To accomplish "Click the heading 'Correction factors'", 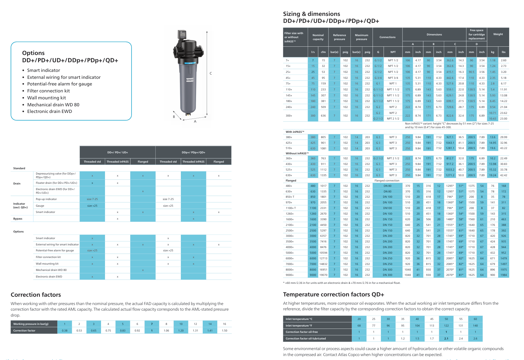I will click(x=36, y=295).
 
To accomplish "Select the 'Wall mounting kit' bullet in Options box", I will click(x=46, y=98).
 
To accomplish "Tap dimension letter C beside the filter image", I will click(x=211, y=74).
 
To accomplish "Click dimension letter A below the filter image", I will click(x=195, y=122).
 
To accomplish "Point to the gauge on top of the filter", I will click(x=182, y=34).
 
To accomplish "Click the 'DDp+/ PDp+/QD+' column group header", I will click(x=193, y=152).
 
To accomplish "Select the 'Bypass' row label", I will click(x=18, y=219).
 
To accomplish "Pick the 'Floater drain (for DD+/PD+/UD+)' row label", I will click(x=56, y=183).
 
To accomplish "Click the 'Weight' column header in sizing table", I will click(x=498, y=34).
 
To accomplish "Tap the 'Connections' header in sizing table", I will click(x=387, y=37).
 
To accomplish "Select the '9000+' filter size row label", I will click(x=289, y=275).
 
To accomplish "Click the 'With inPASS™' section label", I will click(x=295, y=132).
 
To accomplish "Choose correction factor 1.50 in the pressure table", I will click(x=225, y=331).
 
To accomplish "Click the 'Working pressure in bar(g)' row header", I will click(x=31, y=324).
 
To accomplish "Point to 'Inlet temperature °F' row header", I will click(x=299, y=326).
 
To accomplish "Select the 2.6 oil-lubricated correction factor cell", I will click(x=475, y=338).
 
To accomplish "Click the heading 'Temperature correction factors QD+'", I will click(x=333, y=294).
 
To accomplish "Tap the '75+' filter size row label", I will click(x=288, y=83).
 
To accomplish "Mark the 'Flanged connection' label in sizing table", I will click(x=387, y=180).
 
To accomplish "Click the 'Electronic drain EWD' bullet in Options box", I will click(x=49, y=111).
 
